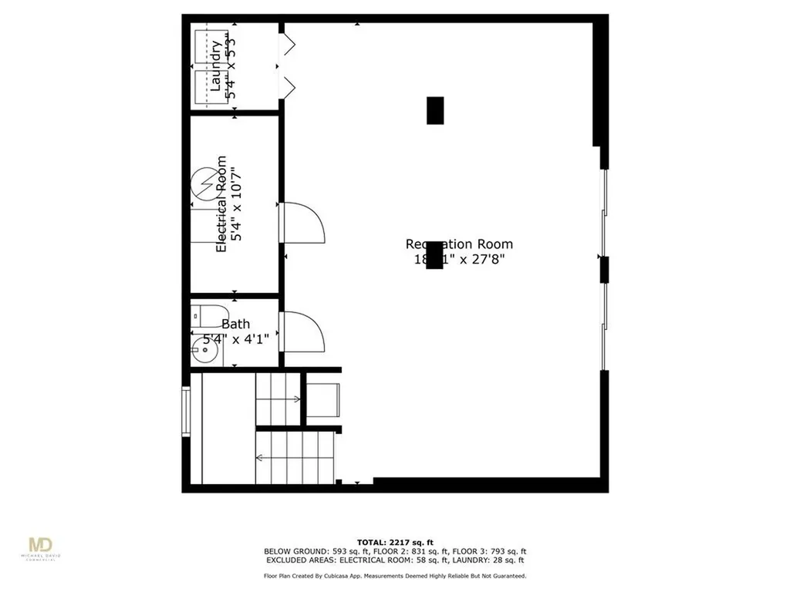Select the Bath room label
[x=235, y=325]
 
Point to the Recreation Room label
[x=459, y=244]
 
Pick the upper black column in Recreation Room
[x=436, y=110]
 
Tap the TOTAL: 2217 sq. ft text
[x=394, y=541]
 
